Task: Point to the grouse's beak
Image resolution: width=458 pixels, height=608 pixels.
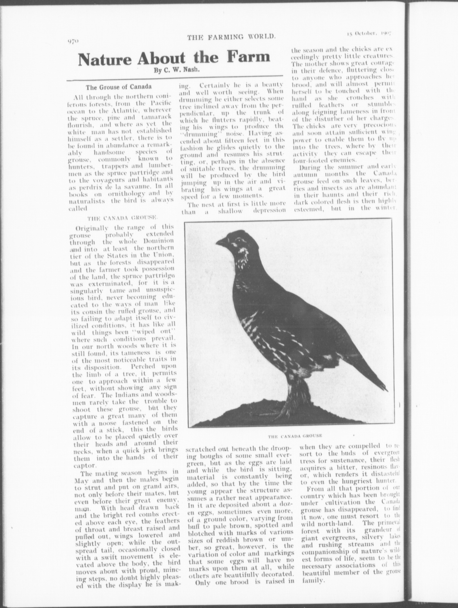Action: [x=220, y=242]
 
